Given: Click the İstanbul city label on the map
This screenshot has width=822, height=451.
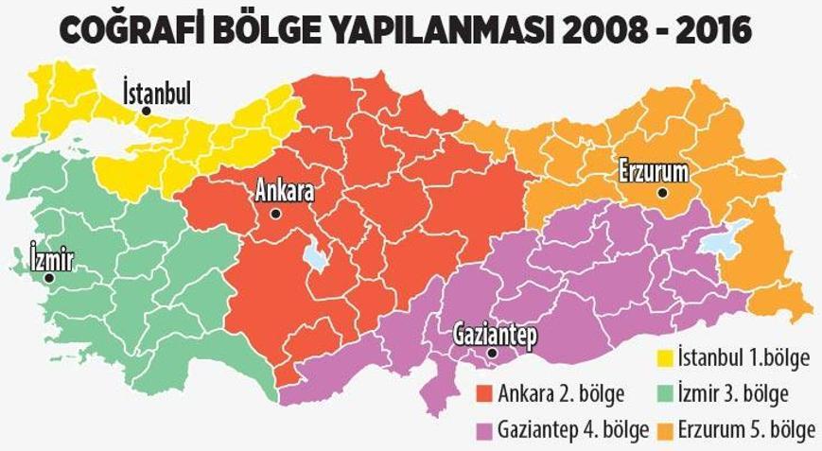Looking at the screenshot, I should click(157, 93).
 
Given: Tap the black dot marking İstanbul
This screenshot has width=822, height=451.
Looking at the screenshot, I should click(146, 111).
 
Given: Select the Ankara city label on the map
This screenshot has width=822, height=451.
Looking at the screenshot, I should click(284, 191).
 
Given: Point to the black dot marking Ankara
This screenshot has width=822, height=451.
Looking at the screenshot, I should click(275, 214).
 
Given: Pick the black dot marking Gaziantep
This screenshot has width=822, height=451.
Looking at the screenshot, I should click(492, 355).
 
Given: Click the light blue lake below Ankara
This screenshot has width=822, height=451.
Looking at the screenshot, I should click(316, 256).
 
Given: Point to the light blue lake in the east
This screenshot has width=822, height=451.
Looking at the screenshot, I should click(724, 240).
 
